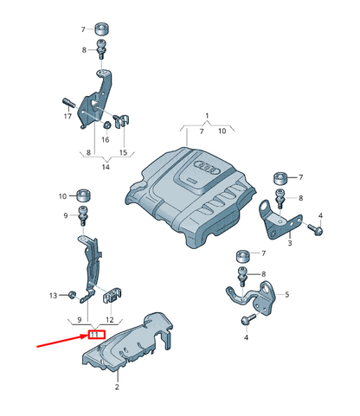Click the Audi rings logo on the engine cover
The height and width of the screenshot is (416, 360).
(208, 168)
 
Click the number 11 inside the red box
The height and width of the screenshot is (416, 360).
(95, 335)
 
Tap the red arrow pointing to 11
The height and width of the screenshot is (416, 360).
(61, 341)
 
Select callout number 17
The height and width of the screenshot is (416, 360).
(67, 116)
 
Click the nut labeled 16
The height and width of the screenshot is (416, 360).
(107, 125)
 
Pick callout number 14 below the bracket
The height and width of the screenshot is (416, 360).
(106, 167)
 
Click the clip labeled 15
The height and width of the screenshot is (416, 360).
(122, 121)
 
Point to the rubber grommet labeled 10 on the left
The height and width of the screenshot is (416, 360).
(83, 195)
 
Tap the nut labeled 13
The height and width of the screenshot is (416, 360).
(72, 295)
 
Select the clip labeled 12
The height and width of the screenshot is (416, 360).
(112, 295)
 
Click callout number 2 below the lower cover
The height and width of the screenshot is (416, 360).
(117, 387)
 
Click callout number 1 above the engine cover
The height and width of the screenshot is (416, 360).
(207, 116)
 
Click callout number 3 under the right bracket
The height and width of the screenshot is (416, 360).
(290, 243)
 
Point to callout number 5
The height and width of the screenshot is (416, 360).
(286, 295)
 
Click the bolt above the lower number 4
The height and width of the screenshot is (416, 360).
(248, 319)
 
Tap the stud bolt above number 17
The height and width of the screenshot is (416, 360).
(68, 103)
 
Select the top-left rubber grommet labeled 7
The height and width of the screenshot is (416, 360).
(103, 29)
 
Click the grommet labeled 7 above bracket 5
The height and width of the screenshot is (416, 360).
(244, 257)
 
